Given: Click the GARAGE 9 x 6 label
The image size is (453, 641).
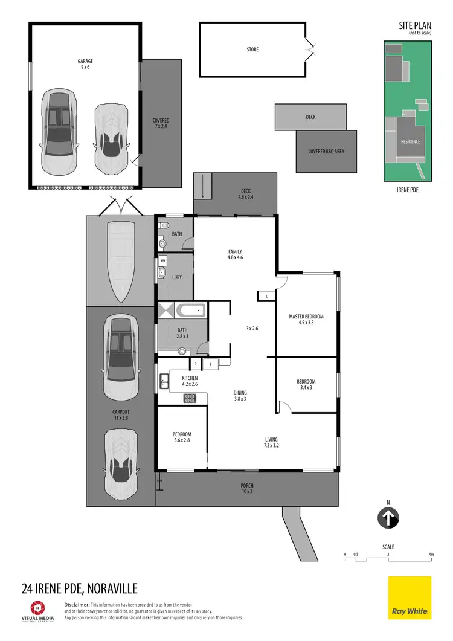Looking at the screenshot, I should pyautogui.click(x=85, y=64).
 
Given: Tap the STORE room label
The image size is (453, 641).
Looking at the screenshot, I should pyautogui.click(x=252, y=50).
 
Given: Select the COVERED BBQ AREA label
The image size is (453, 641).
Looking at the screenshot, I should pyautogui.click(x=326, y=152).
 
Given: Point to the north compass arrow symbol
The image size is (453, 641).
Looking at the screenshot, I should pyautogui.click(x=389, y=518).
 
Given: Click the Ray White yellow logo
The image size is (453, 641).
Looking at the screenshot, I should pyautogui.click(x=410, y=598).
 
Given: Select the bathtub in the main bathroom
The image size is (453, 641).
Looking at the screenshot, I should pyautogui.click(x=191, y=312).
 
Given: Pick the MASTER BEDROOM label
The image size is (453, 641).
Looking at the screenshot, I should pyautogui.click(x=306, y=320).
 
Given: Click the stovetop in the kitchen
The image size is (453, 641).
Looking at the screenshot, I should pyautogui.click(x=190, y=398).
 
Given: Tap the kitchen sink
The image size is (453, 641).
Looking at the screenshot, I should pyautogui.click(x=164, y=381).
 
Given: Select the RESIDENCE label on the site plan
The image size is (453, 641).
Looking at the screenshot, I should pyautogui.click(x=411, y=141).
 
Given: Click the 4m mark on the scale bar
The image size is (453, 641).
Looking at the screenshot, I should pyautogui.click(x=431, y=554).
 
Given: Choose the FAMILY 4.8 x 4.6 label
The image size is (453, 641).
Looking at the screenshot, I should pyautogui.click(x=235, y=254).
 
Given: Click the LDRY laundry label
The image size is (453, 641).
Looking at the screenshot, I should pyautogui.click(x=177, y=277).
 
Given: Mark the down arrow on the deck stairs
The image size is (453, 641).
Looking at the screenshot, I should pyautogui.click(x=202, y=187).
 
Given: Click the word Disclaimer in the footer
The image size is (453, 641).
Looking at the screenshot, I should pyautogui.click(x=77, y=605).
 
